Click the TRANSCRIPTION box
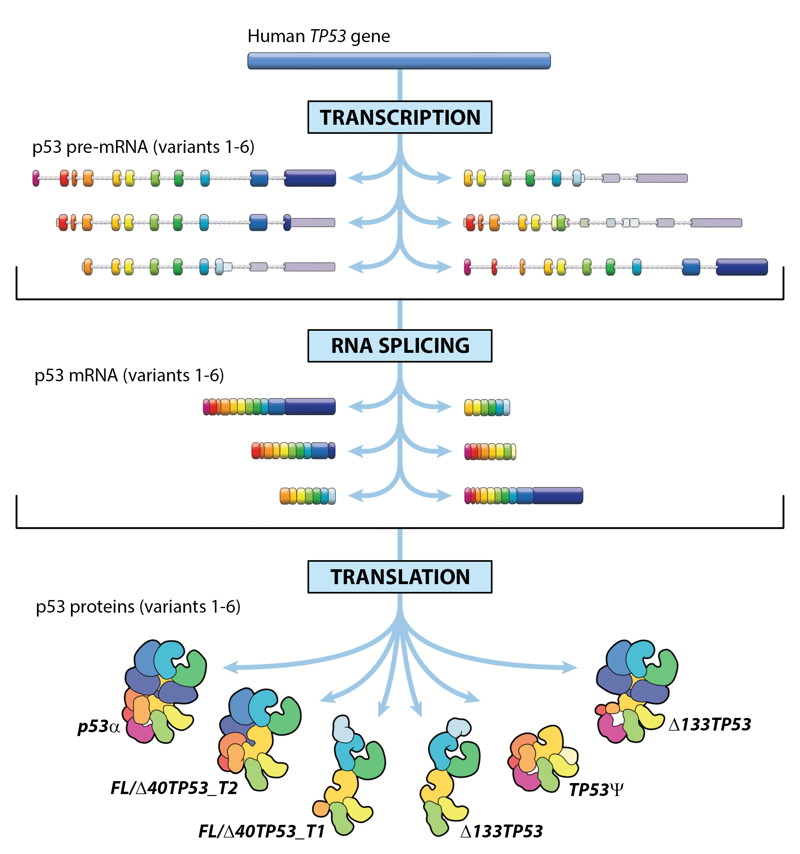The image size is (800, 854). [x=400, y=117]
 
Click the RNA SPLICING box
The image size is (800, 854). [x=400, y=346]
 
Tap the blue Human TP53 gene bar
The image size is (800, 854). [x=399, y=61]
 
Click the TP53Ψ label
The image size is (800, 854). [x=596, y=790]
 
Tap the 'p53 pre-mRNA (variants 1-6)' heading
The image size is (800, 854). [x=143, y=147]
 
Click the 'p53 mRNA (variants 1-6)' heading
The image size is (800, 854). [x=129, y=375]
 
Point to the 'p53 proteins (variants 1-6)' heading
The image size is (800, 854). [x=138, y=606]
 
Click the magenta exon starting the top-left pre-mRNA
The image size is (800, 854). [x=36, y=178]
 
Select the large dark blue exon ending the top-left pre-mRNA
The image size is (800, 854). [x=310, y=178]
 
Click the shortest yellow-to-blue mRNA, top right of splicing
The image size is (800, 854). [x=487, y=407]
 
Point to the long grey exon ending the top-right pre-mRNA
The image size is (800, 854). [x=661, y=178]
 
